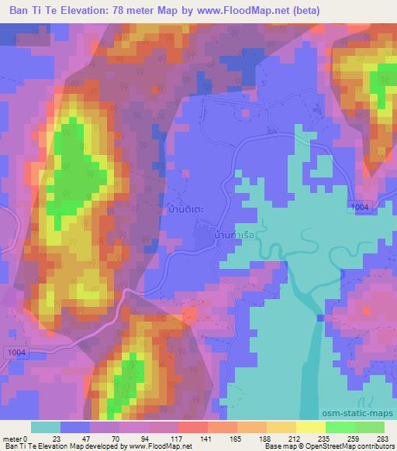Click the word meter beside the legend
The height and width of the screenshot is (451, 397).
[12, 438]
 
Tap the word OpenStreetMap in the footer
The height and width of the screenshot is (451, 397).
[330, 446]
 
